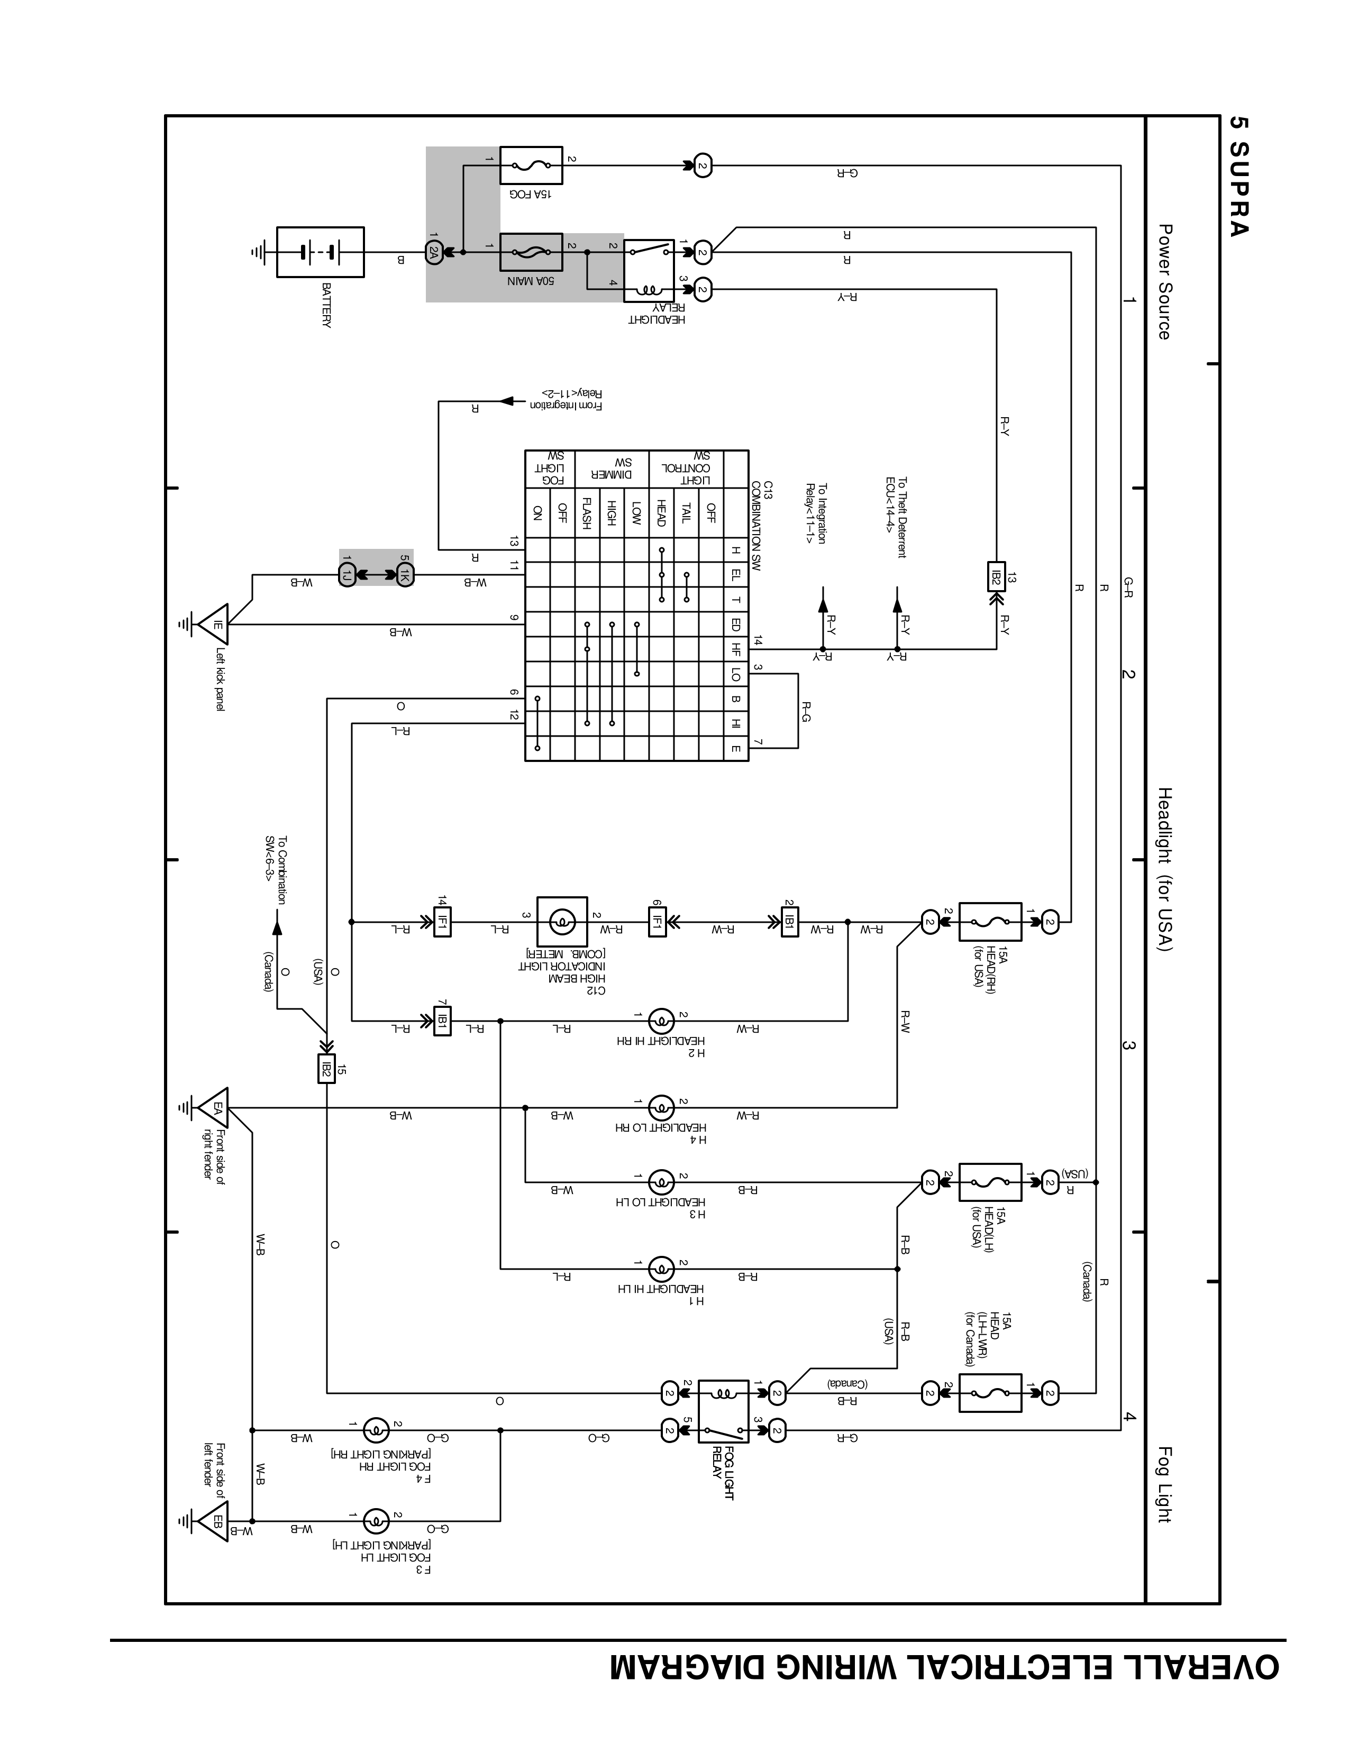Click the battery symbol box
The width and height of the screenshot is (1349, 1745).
click(x=320, y=252)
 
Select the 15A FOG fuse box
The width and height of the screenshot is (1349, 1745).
click(x=531, y=166)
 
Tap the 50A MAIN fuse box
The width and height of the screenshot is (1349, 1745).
click(x=531, y=252)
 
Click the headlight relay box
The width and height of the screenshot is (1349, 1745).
click(x=649, y=270)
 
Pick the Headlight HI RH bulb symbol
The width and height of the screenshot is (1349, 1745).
click(x=660, y=1021)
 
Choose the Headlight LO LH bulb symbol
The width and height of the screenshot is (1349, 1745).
click(x=660, y=1182)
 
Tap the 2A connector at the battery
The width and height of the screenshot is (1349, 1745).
click(x=434, y=252)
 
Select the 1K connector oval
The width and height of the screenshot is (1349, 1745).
click(x=405, y=574)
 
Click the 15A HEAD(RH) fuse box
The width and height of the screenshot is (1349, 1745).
click(x=989, y=922)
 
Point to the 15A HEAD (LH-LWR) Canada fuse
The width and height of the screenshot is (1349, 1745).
click(x=989, y=1393)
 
